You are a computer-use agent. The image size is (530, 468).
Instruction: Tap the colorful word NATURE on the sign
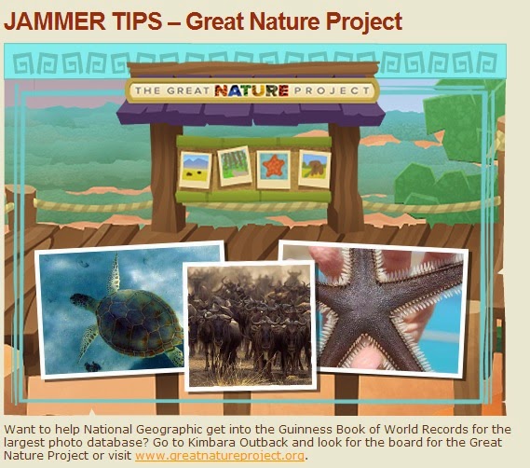click(251, 90)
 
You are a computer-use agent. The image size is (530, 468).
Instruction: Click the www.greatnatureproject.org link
click(220, 456)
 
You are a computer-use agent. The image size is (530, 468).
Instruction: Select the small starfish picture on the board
click(274, 169)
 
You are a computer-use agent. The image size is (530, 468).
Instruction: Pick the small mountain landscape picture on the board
click(195, 170)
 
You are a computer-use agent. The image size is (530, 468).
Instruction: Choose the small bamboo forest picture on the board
click(235, 166)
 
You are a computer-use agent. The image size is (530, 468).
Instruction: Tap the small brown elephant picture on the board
click(314, 169)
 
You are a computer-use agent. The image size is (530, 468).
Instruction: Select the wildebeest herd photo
click(250, 326)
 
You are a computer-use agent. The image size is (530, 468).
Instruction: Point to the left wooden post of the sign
click(168, 178)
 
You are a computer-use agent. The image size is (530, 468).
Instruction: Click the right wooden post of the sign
click(345, 178)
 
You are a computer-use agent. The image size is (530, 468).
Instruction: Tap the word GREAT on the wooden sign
click(188, 90)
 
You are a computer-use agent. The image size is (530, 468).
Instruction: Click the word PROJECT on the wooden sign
click(332, 90)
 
